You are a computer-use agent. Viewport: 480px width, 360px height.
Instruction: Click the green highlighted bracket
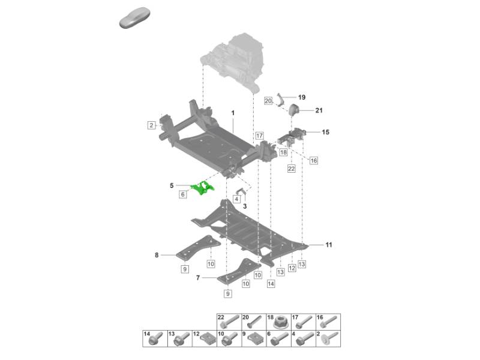click(x=203, y=188)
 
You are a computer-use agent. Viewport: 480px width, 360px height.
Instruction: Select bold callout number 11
click(x=329, y=245)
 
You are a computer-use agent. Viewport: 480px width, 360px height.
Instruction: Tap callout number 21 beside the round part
click(x=319, y=110)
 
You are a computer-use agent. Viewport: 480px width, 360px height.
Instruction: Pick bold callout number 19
click(x=302, y=97)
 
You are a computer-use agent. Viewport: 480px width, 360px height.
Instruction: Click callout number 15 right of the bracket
click(x=326, y=132)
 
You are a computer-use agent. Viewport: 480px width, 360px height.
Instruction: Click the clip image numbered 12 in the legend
click(x=206, y=340)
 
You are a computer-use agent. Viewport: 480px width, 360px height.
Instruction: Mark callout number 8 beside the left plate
click(x=157, y=255)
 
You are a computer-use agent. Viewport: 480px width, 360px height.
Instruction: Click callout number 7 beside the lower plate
click(x=198, y=278)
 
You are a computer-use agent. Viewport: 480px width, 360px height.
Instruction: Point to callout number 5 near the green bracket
click(x=172, y=185)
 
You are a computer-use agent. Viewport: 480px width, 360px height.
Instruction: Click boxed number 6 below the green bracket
click(x=183, y=194)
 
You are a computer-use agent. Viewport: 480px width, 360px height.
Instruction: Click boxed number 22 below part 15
click(x=291, y=169)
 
